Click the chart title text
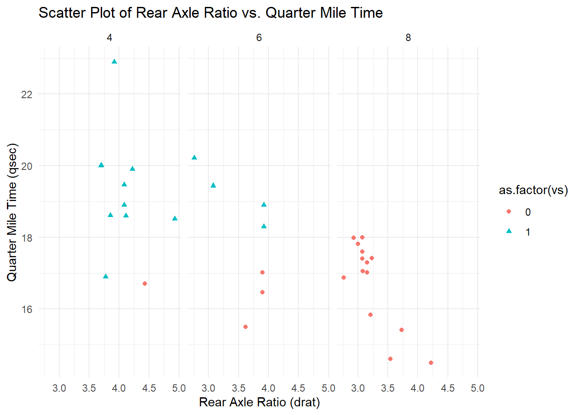(211, 13)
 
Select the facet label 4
(109, 38)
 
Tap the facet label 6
(259, 38)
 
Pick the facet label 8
(408, 38)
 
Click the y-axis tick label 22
(27, 94)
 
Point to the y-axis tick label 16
(27, 309)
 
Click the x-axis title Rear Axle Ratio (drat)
(259, 402)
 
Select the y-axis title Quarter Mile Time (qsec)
(12, 212)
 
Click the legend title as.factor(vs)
(533, 190)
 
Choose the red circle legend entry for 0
(509, 212)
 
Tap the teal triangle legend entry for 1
(509, 232)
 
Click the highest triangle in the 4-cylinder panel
(114, 62)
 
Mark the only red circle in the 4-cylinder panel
(145, 284)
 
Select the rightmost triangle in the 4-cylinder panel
(175, 219)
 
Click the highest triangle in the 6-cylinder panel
(194, 158)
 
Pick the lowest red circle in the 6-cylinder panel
(246, 327)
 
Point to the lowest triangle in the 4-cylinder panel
(106, 277)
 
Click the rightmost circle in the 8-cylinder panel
(431, 363)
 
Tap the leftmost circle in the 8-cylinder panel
(344, 278)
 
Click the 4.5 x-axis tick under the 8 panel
(447, 388)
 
